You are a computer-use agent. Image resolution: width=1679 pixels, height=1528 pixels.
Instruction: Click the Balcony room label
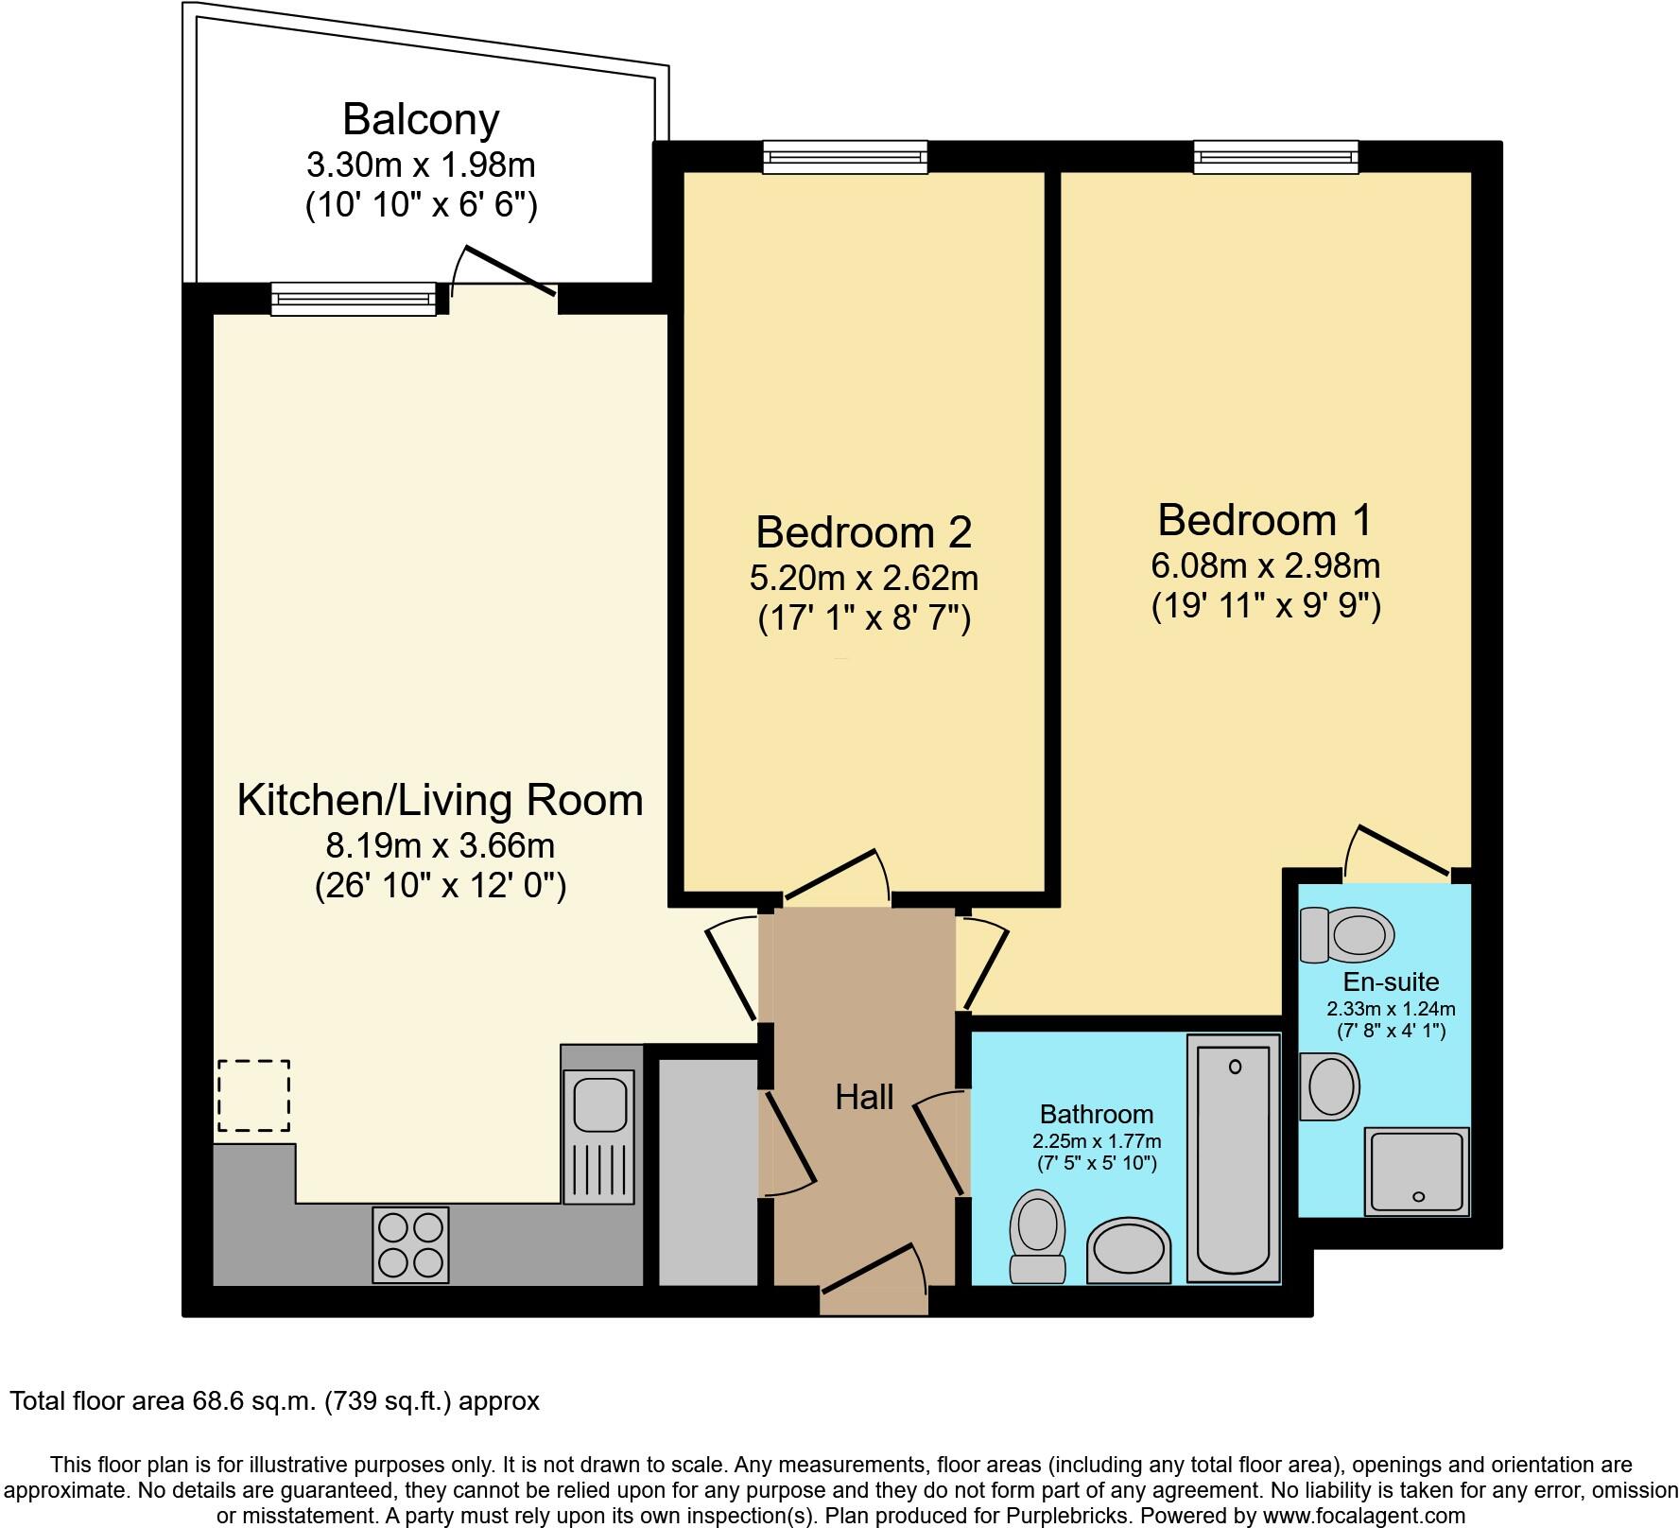tap(421, 120)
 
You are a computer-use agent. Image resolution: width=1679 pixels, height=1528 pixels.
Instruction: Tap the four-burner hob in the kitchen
tap(410, 1244)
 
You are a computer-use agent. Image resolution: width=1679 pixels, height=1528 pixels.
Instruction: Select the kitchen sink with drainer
tap(598, 1137)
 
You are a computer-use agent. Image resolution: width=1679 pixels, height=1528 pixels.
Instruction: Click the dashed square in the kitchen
tap(254, 1096)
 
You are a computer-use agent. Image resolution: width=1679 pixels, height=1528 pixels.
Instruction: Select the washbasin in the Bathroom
tap(1129, 1250)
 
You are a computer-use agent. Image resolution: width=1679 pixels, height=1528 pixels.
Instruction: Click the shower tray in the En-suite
tap(1416, 1171)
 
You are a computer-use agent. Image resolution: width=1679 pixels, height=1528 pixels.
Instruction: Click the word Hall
tap(864, 1097)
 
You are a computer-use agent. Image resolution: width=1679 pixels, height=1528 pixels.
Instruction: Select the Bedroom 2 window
tap(845, 157)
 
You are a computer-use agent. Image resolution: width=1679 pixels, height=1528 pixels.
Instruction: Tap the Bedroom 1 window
tap(1275, 157)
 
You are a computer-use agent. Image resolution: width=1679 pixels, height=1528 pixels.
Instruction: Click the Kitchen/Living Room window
tap(354, 299)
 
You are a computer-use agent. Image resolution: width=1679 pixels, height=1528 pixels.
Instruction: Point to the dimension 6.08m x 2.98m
tap(1265, 565)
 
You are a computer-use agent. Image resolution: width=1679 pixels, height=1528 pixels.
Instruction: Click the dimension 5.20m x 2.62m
tap(864, 577)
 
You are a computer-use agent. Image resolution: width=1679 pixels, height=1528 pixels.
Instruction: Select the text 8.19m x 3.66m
tap(440, 843)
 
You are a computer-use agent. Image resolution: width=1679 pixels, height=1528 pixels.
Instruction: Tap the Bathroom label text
tap(1097, 1114)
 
